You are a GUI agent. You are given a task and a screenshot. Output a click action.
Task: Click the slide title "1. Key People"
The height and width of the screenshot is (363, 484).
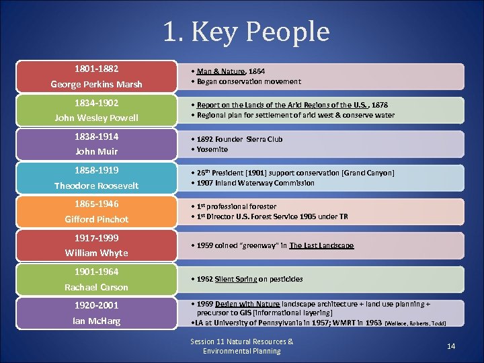246,31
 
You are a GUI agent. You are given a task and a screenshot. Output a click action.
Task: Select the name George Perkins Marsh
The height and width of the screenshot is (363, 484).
96,84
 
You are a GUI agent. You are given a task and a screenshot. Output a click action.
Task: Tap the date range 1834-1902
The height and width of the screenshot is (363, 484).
96,103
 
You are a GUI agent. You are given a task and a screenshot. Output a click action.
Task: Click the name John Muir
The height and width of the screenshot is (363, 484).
96,151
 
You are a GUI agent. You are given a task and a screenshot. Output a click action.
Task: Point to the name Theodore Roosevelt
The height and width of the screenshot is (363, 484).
96,186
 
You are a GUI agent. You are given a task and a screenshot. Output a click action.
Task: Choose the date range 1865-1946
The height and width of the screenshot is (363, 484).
96,204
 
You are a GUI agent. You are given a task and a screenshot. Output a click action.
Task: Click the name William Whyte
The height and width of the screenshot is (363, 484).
96,253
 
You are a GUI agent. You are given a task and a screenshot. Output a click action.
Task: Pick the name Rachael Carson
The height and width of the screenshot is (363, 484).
96,287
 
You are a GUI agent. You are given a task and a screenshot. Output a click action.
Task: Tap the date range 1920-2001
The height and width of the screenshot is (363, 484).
96,305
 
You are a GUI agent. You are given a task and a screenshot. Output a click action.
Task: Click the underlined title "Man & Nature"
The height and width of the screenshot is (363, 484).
217,71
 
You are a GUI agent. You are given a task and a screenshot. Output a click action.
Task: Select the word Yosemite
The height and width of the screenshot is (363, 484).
212,149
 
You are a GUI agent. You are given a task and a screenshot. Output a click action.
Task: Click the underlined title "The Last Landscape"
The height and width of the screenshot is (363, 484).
321,245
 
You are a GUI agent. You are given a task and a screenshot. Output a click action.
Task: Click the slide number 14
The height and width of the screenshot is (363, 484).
451,346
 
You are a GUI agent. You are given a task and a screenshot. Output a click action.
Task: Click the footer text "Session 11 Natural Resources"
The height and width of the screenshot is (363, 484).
241,341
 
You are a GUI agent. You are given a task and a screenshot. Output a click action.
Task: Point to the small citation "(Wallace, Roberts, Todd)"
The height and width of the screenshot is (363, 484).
415,323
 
